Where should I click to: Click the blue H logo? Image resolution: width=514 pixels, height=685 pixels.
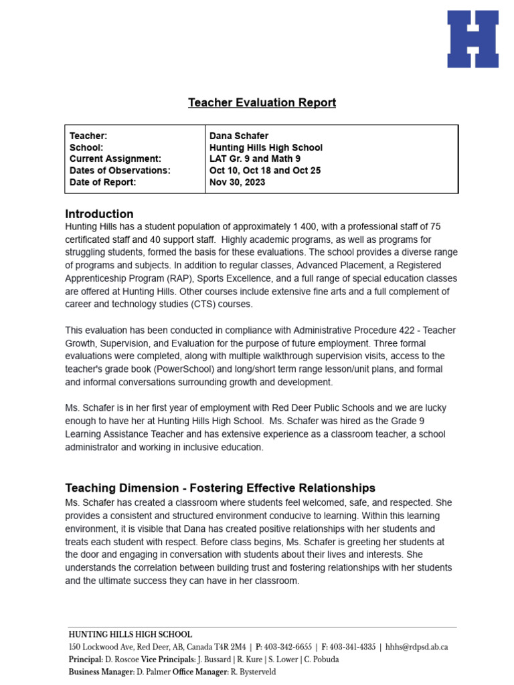pyautogui.click(x=473, y=39)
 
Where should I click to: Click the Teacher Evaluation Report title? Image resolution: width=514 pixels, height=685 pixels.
pyautogui.click(x=262, y=102)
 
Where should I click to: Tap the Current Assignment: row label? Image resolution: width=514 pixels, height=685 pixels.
pyautogui.click(x=115, y=159)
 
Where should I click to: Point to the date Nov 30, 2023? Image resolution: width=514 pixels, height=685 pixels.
pyautogui.click(x=237, y=182)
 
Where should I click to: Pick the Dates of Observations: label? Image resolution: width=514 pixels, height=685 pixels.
pyautogui.click(x=120, y=171)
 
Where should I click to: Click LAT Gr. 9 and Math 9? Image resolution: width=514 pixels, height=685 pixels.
pyautogui.click(x=255, y=159)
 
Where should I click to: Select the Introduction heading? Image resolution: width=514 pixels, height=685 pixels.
pyautogui.click(x=99, y=214)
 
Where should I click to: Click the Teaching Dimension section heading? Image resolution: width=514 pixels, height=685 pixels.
pyautogui.click(x=220, y=488)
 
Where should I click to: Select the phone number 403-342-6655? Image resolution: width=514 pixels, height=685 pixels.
pyautogui.click(x=288, y=647)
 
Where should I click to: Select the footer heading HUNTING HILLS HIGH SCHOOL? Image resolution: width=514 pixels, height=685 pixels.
pyautogui.click(x=130, y=634)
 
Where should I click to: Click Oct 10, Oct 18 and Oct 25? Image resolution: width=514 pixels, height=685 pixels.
pyautogui.click(x=265, y=171)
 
